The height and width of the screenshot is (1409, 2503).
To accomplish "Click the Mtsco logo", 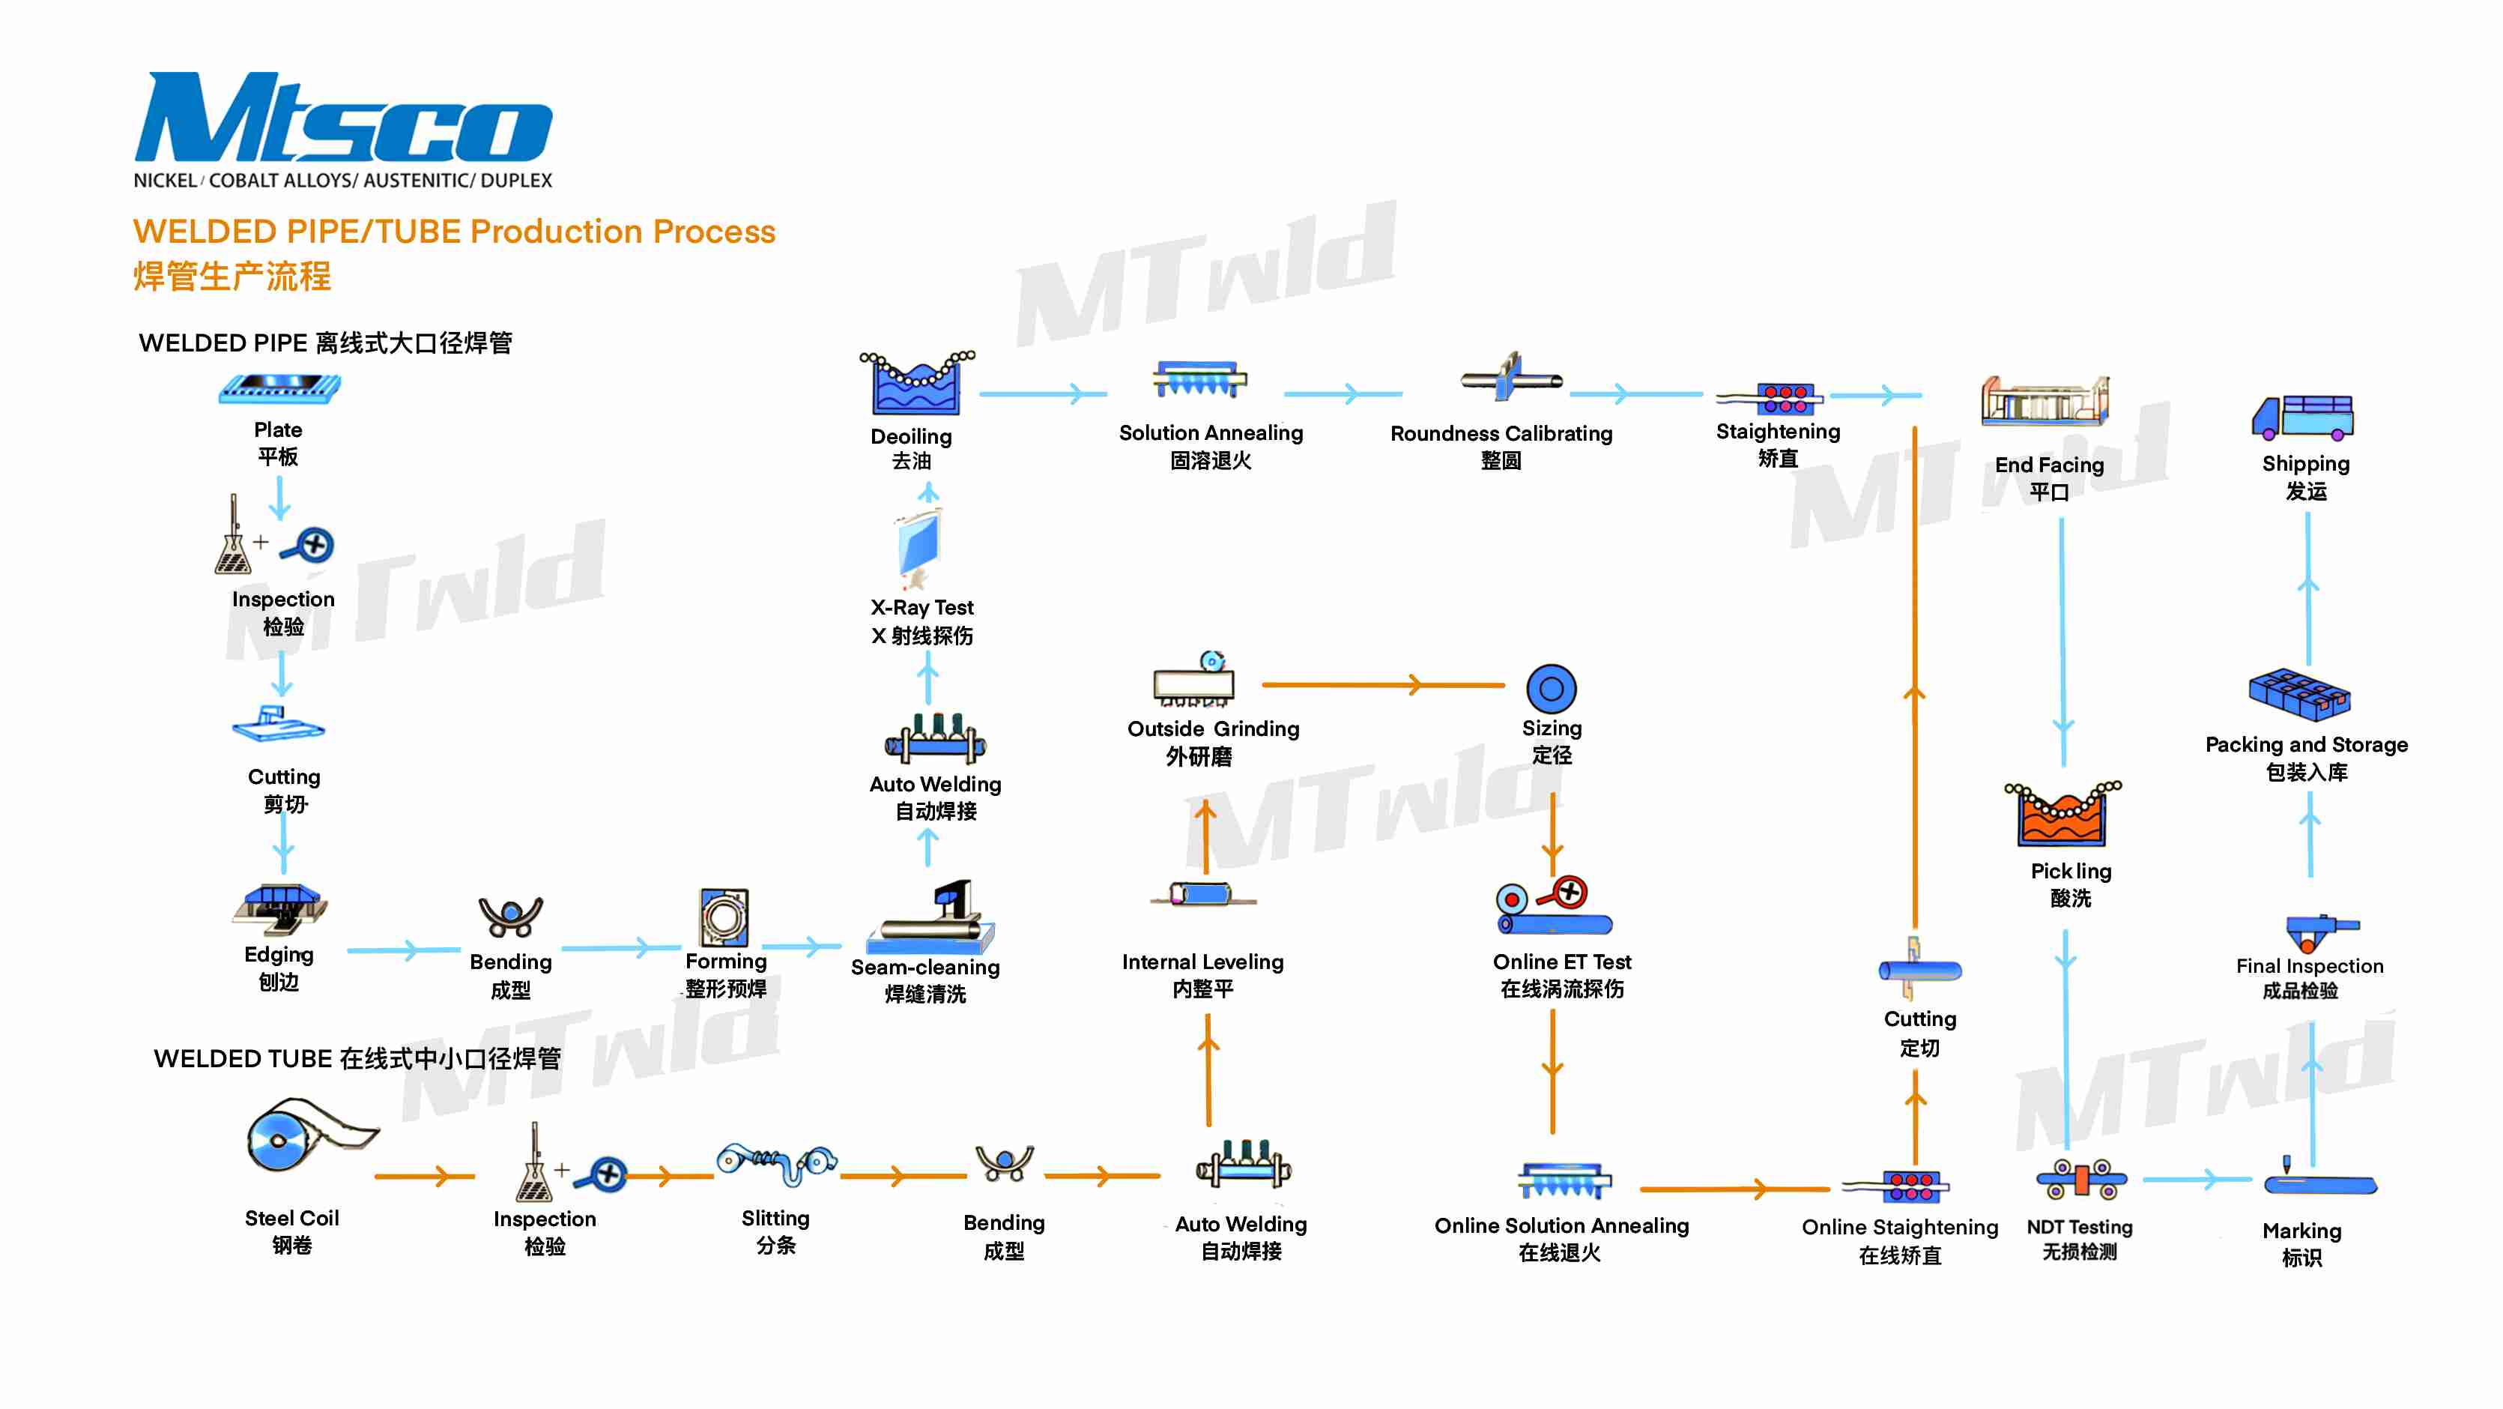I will [x=342, y=118].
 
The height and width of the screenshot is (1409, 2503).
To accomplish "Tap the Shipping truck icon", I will [x=2303, y=418].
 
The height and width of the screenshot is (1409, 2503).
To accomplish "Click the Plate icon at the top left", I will [x=279, y=389].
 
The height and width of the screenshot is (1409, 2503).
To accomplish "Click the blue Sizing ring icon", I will [x=1551, y=689].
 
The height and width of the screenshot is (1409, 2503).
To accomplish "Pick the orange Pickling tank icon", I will [x=2062, y=815].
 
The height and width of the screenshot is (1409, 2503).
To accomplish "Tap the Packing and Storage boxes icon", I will [x=2299, y=694].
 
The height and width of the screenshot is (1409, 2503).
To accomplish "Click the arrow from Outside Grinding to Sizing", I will [x=1384, y=685].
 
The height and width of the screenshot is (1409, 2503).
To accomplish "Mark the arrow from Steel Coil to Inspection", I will [x=425, y=1176].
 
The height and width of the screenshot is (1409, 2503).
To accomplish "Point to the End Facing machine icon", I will [x=2045, y=401].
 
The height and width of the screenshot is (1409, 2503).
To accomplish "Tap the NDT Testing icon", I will [x=2080, y=1180].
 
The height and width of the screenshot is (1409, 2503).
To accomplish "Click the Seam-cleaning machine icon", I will [x=930, y=918].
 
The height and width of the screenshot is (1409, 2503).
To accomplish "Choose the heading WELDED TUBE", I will [x=357, y=1058].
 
